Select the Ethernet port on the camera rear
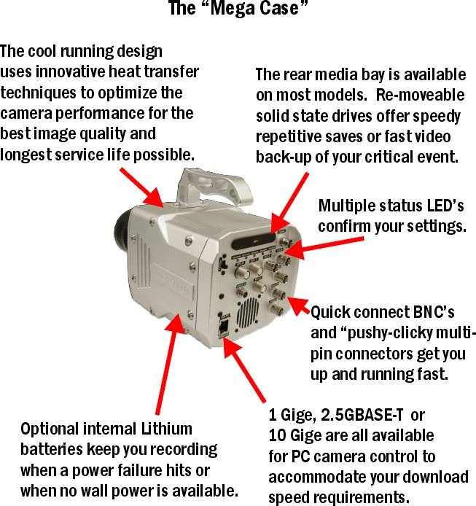[x=223, y=327]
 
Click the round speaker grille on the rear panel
[x=248, y=311]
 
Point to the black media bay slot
[x=254, y=241]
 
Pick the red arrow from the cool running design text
[x=142, y=187]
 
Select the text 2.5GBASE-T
[x=362, y=415]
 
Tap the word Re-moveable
[x=420, y=96]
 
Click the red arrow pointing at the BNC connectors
[x=299, y=306]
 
